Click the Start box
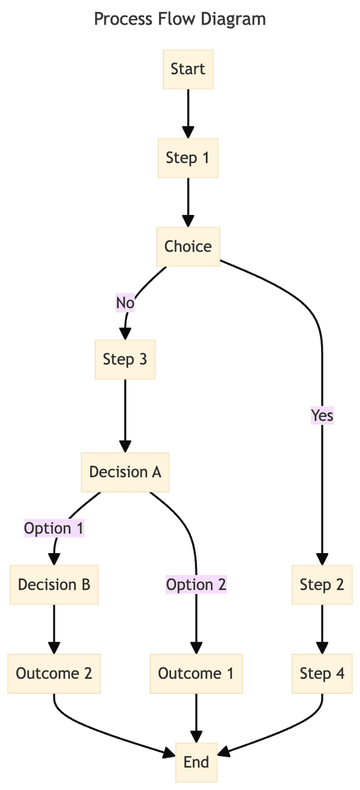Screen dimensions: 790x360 (188, 69)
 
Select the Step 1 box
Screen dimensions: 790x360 (188, 158)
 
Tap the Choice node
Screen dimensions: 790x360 (188, 246)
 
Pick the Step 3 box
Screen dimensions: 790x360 (125, 360)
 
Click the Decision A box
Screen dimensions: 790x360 (125, 472)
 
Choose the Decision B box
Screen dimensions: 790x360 (54, 585)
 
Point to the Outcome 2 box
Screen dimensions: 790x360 (54, 674)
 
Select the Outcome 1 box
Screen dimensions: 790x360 (196, 674)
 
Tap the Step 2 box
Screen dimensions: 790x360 (322, 585)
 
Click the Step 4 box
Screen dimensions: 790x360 (322, 674)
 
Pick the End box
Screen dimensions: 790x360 (196, 762)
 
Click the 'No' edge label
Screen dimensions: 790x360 (125, 303)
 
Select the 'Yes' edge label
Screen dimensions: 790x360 (322, 416)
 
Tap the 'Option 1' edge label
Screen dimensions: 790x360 (54, 528)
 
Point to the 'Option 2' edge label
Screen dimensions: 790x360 (196, 585)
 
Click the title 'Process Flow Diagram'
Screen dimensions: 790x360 (179, 19)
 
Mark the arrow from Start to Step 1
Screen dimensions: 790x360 (188, 113)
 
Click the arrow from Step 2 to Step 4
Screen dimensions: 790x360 (322, 629)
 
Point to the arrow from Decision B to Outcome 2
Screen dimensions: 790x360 (54, 629)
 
